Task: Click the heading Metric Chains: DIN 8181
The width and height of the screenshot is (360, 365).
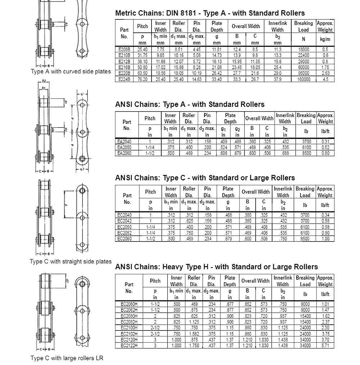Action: point(210,13)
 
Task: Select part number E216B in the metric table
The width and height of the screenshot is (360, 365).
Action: point(124,67)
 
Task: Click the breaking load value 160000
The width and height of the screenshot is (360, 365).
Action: point(303,79)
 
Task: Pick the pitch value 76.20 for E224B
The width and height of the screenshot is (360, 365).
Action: point(143,79)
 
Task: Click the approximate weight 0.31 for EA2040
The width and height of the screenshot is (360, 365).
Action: point(325,141)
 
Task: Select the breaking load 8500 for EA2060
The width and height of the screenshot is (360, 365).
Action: point(306,153)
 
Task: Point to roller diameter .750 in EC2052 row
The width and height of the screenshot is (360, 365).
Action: point(189,233)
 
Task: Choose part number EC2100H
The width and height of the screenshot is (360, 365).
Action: point(129,328)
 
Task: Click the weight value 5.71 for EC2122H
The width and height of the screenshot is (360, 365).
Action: point(325,346)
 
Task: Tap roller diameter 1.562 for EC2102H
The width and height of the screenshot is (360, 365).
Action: point(194,334)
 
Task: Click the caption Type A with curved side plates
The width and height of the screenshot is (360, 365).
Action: point(71,71)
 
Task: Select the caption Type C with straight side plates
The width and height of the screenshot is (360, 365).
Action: point(71,261)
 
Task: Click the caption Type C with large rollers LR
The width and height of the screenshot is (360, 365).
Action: point(67,358)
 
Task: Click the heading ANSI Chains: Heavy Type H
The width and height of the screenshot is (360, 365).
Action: point(216,267)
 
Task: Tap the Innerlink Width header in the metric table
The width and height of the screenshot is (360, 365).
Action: point(277,27)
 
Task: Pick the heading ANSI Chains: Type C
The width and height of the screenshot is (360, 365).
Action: point(205,178)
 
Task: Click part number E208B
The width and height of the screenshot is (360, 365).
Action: point(124,49)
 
